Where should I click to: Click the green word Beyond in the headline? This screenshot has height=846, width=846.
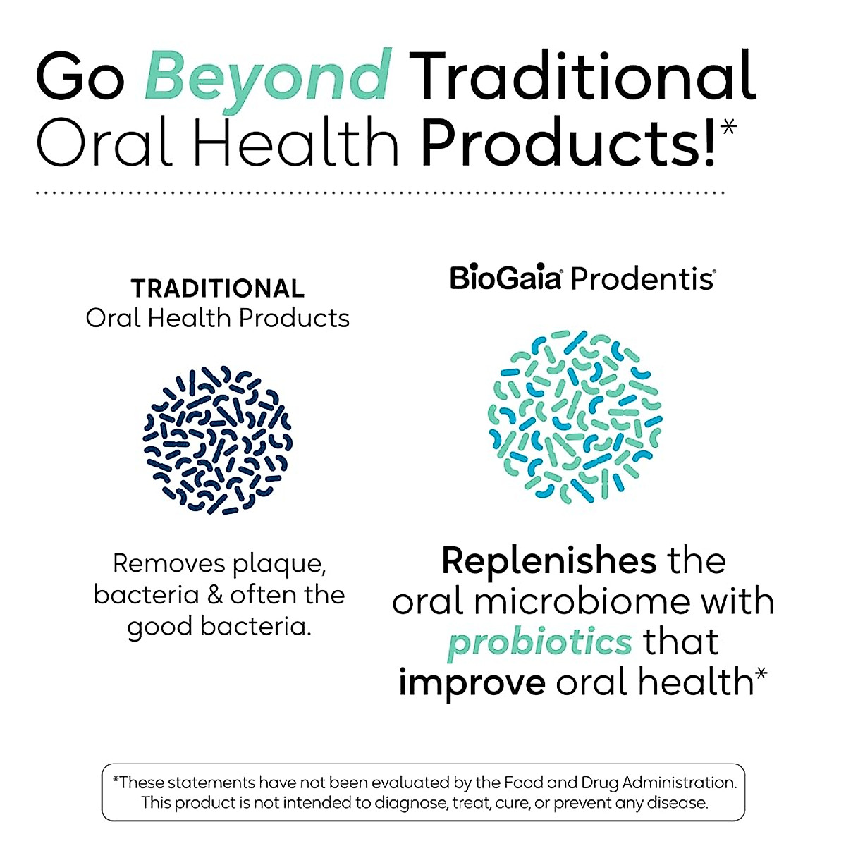(x=268, y=76)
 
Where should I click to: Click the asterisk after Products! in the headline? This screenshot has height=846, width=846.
(x=729, y=128)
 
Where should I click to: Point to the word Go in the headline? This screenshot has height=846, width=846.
(x=80, y=76)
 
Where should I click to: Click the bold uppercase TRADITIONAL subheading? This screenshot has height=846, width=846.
(x=218, y=288)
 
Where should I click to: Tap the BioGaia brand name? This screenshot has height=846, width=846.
(x=505, y=278)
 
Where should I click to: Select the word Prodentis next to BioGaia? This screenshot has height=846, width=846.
(x=642, y=279)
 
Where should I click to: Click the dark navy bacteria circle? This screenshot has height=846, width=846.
(x=218, y=440)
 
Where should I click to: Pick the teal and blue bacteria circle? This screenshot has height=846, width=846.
(x=575, y=416)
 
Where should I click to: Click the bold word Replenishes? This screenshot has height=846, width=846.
(x=549, y=561)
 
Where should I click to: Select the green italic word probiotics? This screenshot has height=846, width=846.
(x=540, y=642)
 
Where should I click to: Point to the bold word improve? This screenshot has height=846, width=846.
(x=472, y=682)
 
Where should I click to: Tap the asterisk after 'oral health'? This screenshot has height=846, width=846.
(x=761, y=676)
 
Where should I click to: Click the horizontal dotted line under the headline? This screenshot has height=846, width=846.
(x=381, y=192)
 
